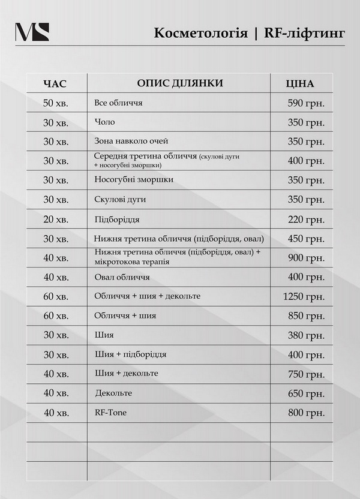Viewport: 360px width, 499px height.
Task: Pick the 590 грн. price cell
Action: [x=306, y=103]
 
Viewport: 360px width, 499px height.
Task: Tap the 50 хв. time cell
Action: [x=56, y=103]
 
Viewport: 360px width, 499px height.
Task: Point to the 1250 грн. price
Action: [x=304, y=296]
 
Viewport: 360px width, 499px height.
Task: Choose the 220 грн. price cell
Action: [x=306, y=219]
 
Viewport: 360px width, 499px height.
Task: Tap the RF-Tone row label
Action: [x=111, y=413]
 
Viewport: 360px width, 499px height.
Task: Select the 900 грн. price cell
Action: [x=306, y=258]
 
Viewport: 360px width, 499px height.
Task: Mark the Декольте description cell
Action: [x=113, y=393]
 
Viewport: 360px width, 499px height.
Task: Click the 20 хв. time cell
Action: [x=56, y=219]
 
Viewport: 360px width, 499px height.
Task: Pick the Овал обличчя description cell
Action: [x=122, y=278]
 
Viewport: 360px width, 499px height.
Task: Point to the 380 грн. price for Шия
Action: [x=306, y=335]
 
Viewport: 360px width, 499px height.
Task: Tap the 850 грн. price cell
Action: [x=306, y=315]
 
